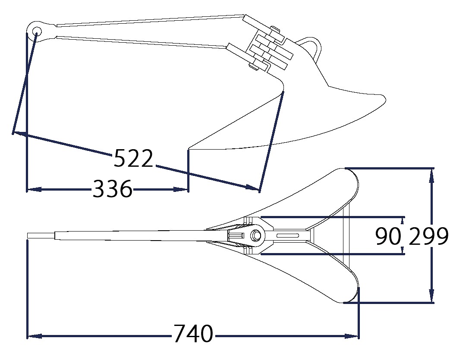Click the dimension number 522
[x=133, y=158]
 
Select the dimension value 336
[x=113, y=188]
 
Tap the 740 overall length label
[x=194, y=334]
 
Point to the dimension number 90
[x=388, y=236]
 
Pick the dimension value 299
[x=428, y=236]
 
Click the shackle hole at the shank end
[x=37, y=31]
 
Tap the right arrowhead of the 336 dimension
[x=181, y=189]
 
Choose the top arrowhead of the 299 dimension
[x=431, y=176]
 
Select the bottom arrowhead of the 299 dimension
[x=431, y=295]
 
